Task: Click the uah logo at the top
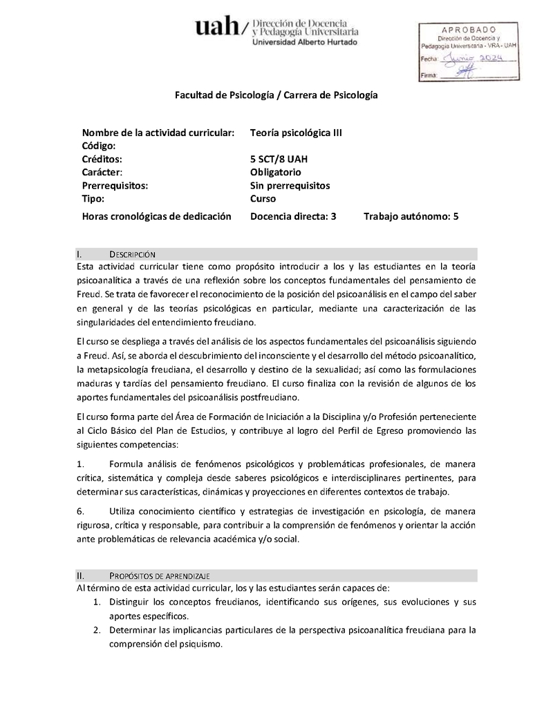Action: pos(216,28)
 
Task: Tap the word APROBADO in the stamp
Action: pos(468,30)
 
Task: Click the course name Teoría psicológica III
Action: pos(296,133)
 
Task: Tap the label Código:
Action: pos(98,146)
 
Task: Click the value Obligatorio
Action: pos(275,172)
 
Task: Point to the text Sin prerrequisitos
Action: pos(290,185)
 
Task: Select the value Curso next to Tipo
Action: pos(263,198)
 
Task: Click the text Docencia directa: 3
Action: pos(293,216)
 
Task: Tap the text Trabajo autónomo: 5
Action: pos(411,216)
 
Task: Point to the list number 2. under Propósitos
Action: pos(97,629)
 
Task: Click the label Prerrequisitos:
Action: pos(115,185)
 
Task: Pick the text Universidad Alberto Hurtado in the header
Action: pos(305,42)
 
